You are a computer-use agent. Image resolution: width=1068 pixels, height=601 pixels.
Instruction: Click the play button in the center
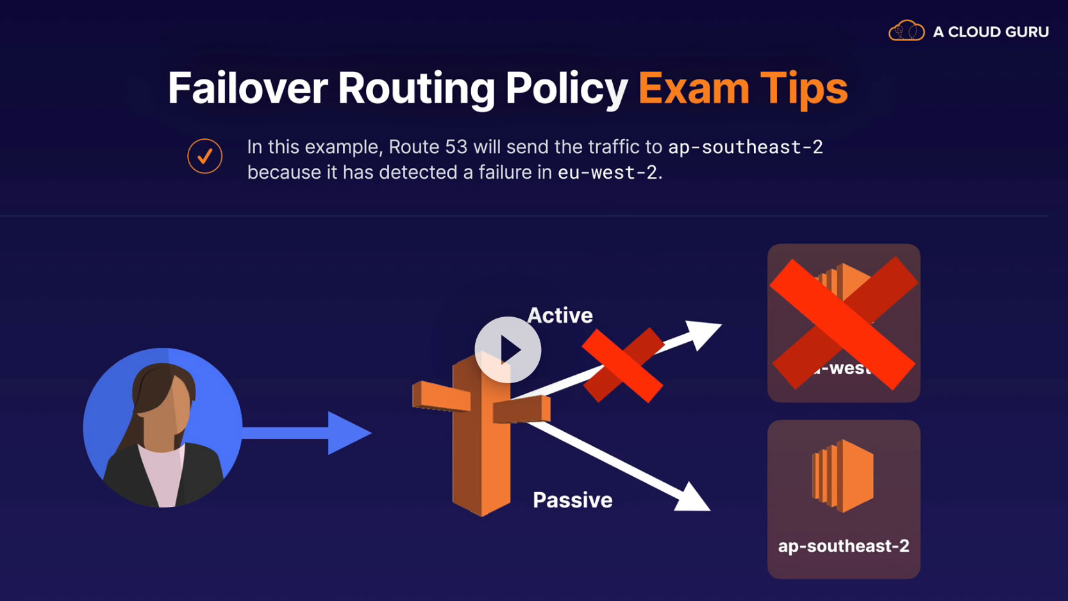point(508,350)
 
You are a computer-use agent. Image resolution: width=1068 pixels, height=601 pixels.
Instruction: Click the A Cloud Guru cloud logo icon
point(906,31)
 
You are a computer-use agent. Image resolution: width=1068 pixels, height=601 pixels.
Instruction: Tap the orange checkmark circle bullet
point(205,156)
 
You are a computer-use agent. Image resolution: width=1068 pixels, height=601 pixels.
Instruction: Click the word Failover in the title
point(247,88)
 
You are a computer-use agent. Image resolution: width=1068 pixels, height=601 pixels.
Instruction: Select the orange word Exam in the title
point(693,88)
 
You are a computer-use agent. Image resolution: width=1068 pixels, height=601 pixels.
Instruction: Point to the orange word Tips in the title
point(804,88)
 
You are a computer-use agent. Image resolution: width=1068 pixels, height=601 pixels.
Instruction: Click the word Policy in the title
point(566,88)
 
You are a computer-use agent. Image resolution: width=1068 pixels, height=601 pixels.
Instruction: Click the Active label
point(560,315)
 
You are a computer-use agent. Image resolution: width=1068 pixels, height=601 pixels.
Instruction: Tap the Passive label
point(572,500)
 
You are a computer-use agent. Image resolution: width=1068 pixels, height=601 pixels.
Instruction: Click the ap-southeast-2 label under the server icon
point(844,546)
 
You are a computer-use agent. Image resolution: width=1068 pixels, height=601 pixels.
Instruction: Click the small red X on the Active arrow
point(622,365)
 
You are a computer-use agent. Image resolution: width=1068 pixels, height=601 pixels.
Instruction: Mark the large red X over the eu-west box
point(844,323)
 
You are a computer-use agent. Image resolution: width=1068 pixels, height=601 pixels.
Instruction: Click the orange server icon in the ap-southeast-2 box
point(842,475)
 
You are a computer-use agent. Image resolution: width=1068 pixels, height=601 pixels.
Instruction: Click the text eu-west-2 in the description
point(607,172)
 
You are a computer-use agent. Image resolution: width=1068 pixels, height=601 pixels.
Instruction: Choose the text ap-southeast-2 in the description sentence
point(745,147)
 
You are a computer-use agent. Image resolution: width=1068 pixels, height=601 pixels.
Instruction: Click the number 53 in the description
point(456,147)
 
